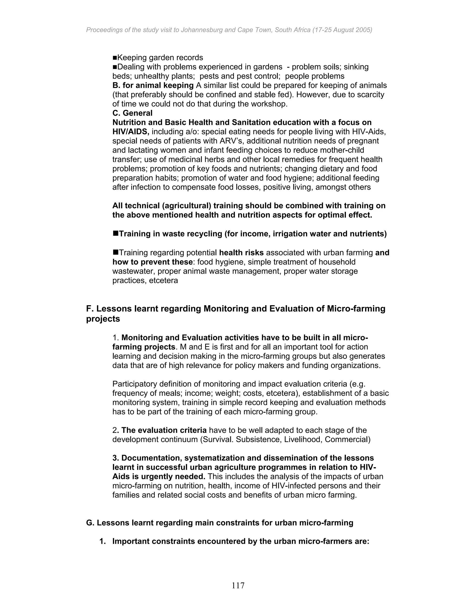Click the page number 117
238,586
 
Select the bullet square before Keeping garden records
115,58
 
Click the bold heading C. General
132,113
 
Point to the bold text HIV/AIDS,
131,132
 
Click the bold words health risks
241,253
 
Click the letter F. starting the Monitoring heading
89,308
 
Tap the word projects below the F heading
103,319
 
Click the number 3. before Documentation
116,458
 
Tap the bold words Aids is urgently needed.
159,477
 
